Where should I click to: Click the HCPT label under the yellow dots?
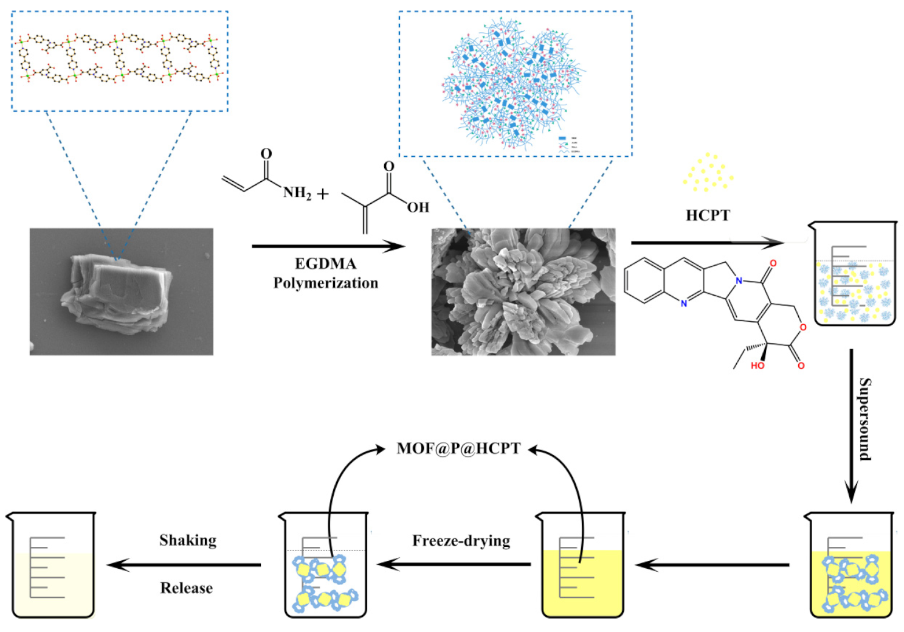click(707, 215)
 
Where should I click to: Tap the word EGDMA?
click(325, 263)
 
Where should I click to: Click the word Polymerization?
click(325, 283)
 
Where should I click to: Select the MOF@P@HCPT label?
click(458, 448)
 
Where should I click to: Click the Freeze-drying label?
click(461, 541)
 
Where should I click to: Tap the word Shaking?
click(188, 540)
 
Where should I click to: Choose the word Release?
click(187, 588)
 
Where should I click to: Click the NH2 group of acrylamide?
click(297, 193)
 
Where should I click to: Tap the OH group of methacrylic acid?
click(418, 207)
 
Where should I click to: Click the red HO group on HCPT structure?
click(757, 366)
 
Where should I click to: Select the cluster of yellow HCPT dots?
click(707, 173)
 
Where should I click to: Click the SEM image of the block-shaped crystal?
click(122, 291)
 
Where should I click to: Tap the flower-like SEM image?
click(523, 291)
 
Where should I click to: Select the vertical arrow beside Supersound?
click(851, 426)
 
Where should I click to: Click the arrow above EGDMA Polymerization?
click(328, 246)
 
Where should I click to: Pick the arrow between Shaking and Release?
click(184, 564)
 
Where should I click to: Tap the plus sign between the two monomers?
click(323, 194)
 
